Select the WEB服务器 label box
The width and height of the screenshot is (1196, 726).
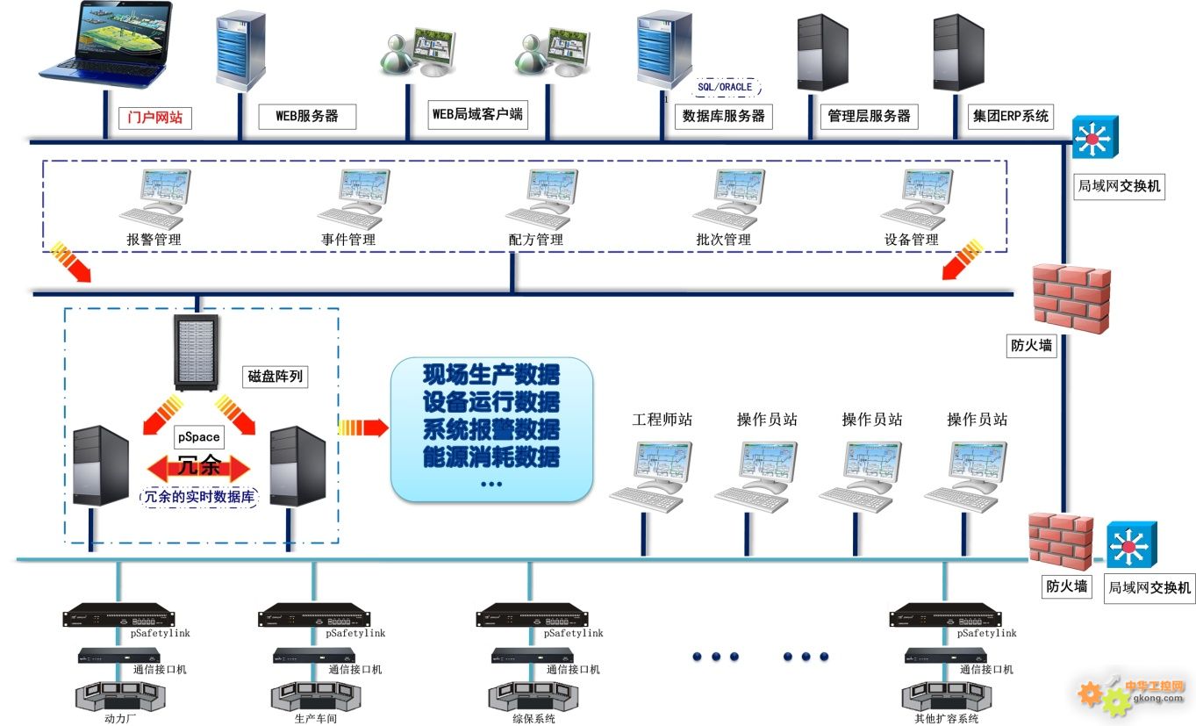(307, 116)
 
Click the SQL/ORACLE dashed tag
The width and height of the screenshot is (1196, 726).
(724, 88)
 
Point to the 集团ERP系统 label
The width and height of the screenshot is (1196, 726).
(1010, 116)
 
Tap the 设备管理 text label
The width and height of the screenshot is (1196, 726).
(911, 240)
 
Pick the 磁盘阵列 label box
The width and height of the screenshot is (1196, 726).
(276, 377)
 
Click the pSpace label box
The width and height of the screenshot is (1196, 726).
(199, 436)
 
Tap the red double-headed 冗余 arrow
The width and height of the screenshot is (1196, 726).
(199, 466)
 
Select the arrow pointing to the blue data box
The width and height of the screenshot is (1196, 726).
(362, 428)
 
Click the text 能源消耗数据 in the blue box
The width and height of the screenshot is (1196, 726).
(491, 456)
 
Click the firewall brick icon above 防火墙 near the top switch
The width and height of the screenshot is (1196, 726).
(1070, 298)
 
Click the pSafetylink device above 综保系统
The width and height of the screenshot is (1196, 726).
(530, 615)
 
